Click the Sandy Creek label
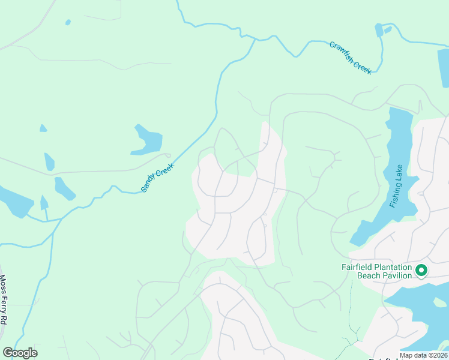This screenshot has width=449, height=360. coord(157,178)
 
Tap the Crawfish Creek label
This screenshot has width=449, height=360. coord(351,58)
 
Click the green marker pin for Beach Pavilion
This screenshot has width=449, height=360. coord(421,271)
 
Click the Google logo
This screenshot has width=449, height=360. coord(20,353)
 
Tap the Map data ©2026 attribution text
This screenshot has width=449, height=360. coord(424,355)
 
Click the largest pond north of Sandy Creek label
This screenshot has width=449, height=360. coord(148,141)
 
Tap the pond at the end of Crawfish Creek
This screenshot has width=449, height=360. coord(379,30)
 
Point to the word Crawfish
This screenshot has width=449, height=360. coord(340,50)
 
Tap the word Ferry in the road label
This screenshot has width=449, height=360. coord(3,302)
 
